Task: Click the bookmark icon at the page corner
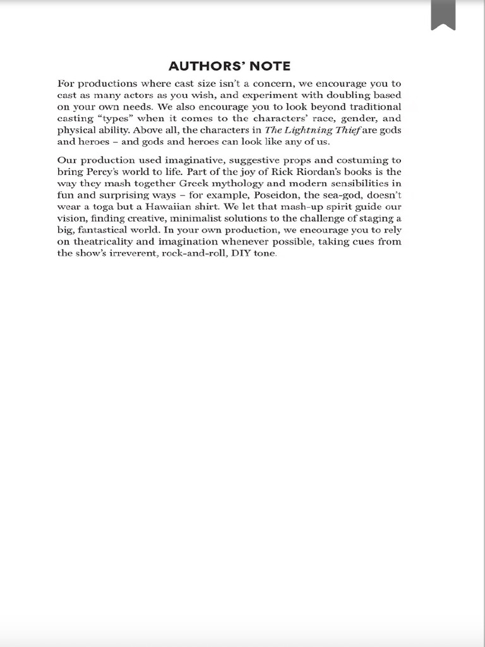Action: pyautogui.click(x=443, y=15)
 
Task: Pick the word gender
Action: pyautogui.click(x=352, y=119)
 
